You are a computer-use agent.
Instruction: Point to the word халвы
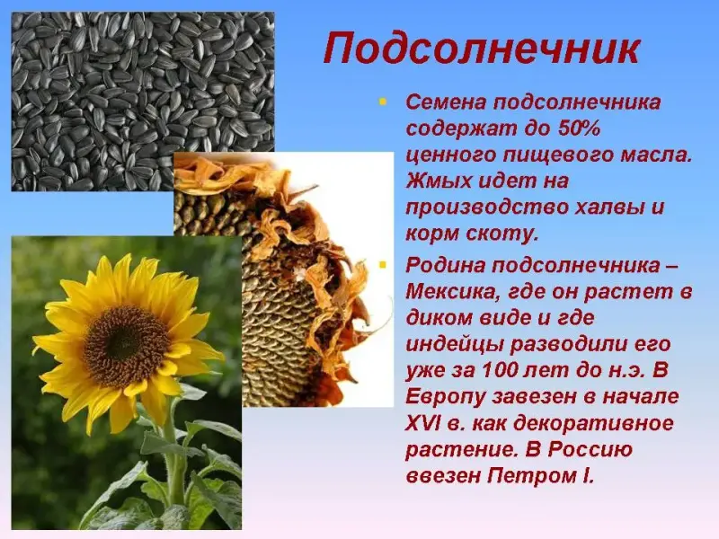click(603, 208)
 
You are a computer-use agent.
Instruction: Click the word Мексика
click(454, 293)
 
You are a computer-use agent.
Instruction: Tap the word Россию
click(590, 450)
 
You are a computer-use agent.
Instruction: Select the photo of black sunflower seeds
click(143, 102)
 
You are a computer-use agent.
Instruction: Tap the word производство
click(486, 208)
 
